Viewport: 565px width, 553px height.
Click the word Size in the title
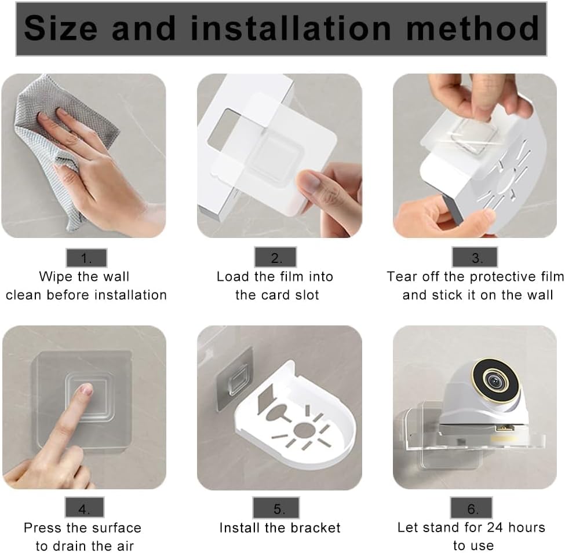pos(60,28)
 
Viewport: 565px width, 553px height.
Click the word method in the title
pos(472,28)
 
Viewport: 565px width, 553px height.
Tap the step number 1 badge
pos(86,258)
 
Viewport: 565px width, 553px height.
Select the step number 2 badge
pos(276,257)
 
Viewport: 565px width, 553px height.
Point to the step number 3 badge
pos(475,257)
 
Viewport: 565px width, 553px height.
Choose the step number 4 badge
pos(85,507)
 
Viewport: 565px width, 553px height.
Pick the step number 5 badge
pos(276,508)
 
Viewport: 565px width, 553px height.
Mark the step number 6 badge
pos(471,508)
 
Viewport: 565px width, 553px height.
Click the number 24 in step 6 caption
pos(494,528)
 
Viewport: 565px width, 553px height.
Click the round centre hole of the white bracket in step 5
pos(304,430)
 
